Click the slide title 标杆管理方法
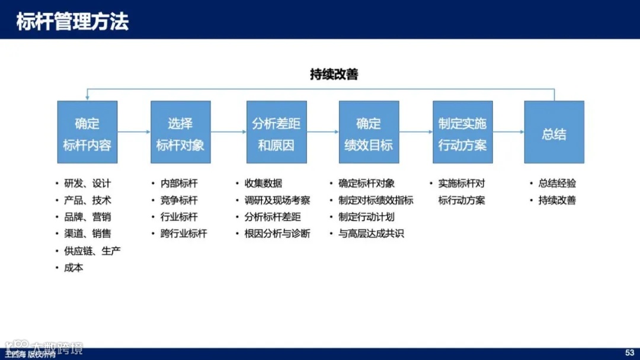(72, 21)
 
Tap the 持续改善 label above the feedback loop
(334, 75)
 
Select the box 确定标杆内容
(87, 132)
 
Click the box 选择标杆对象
(180, 132)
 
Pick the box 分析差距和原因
(276, 132)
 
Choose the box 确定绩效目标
(369, 132)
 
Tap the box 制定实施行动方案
(462, 132)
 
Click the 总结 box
(554, 132)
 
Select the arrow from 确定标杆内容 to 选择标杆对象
(134, 131)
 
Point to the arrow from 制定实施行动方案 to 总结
(508, 131)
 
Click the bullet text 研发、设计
(87, 184)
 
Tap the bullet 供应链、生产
(92, 251)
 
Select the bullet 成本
(73, 268)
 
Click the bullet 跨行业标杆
(184, 234)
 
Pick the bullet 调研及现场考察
(277, 200)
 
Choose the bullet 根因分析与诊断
(277, 234)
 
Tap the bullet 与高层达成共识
(371, 234)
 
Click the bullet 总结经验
(557, 184)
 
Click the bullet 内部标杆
(179, 184)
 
